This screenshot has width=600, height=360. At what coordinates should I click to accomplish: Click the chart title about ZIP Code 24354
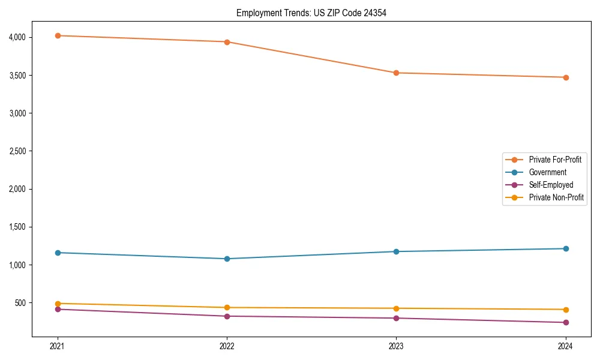[311, 13]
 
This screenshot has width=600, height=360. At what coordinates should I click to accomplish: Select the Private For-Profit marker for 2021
[58, 35]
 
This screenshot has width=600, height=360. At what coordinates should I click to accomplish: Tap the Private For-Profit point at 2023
[396, 73]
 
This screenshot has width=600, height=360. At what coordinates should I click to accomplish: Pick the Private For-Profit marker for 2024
[565, 77]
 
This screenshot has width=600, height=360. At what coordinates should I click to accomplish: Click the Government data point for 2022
[227, 259]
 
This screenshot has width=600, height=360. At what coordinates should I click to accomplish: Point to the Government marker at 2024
[565, 248]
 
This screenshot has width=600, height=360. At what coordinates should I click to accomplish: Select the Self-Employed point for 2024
[565, 322]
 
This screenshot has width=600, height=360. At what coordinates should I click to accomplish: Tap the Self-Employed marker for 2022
[227, 316]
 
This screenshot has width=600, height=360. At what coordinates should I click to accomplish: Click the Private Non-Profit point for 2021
[58, 304]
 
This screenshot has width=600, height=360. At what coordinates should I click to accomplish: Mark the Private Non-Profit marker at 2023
[396, 308]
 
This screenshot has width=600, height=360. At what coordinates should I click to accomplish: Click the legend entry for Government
[547, 172]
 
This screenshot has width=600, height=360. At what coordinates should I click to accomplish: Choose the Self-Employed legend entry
[551, 185]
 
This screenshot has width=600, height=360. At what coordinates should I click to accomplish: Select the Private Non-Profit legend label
[556, 197]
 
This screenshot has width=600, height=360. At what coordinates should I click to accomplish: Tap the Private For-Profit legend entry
[555, 160]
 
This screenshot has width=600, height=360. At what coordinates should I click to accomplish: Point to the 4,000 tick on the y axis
[17, 37]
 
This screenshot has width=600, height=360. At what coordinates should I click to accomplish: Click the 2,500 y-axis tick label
[17, 151]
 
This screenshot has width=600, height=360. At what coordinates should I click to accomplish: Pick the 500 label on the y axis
[20, 303]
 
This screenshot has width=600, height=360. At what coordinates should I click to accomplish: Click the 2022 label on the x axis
[227, 346]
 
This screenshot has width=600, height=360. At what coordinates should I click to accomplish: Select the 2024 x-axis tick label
[565, 346]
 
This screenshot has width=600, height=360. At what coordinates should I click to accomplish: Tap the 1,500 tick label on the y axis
[17, 227]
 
